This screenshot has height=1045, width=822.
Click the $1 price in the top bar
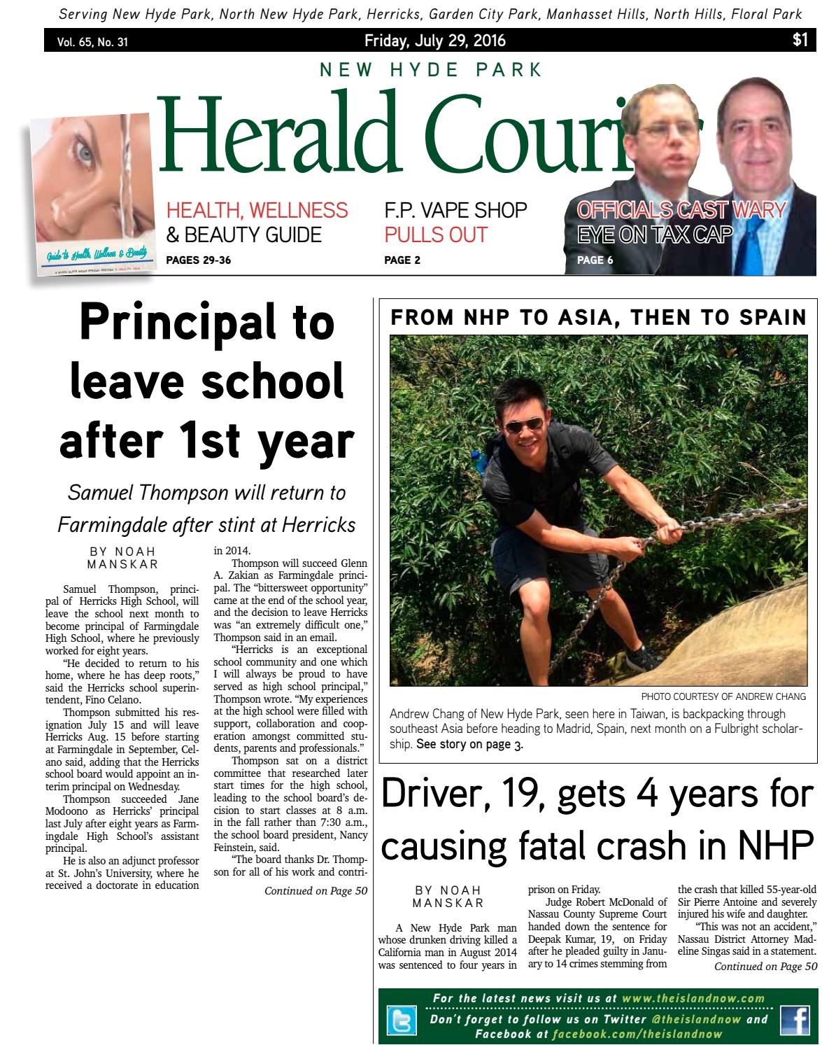[x=800, y=41]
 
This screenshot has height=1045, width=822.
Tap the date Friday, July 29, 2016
[x=435, y=41]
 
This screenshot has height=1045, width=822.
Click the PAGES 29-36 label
[x=198, y=261]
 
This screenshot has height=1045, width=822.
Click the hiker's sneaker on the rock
[x=644, y=658]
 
